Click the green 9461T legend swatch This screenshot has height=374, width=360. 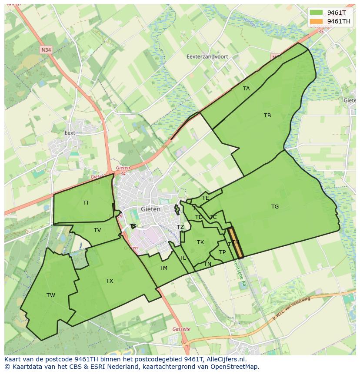tap(316, 12)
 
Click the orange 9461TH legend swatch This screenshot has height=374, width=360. tap(316, 21)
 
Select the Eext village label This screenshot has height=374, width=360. tap(70, 133)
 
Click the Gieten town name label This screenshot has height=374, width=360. tap(150, 209)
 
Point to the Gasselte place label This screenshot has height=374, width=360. tap(181, 329)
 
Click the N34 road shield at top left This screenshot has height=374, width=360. tap(46, 50)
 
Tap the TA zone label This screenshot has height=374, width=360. tap(247, 89)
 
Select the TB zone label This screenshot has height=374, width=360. tap(267, 116)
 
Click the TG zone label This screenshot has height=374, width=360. tap(275, 207)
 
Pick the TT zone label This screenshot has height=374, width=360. tap(86, 203)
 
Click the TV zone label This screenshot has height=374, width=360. tap(97, 230)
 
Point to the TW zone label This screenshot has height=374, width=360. tap(51, 295)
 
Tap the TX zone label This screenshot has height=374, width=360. tap(110, 281)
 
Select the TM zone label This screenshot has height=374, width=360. tap(163, 268)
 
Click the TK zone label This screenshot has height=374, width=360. tap(200, 242)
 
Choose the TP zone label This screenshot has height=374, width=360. tap(222, 252)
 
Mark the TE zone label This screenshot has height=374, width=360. tap(206, 198)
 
